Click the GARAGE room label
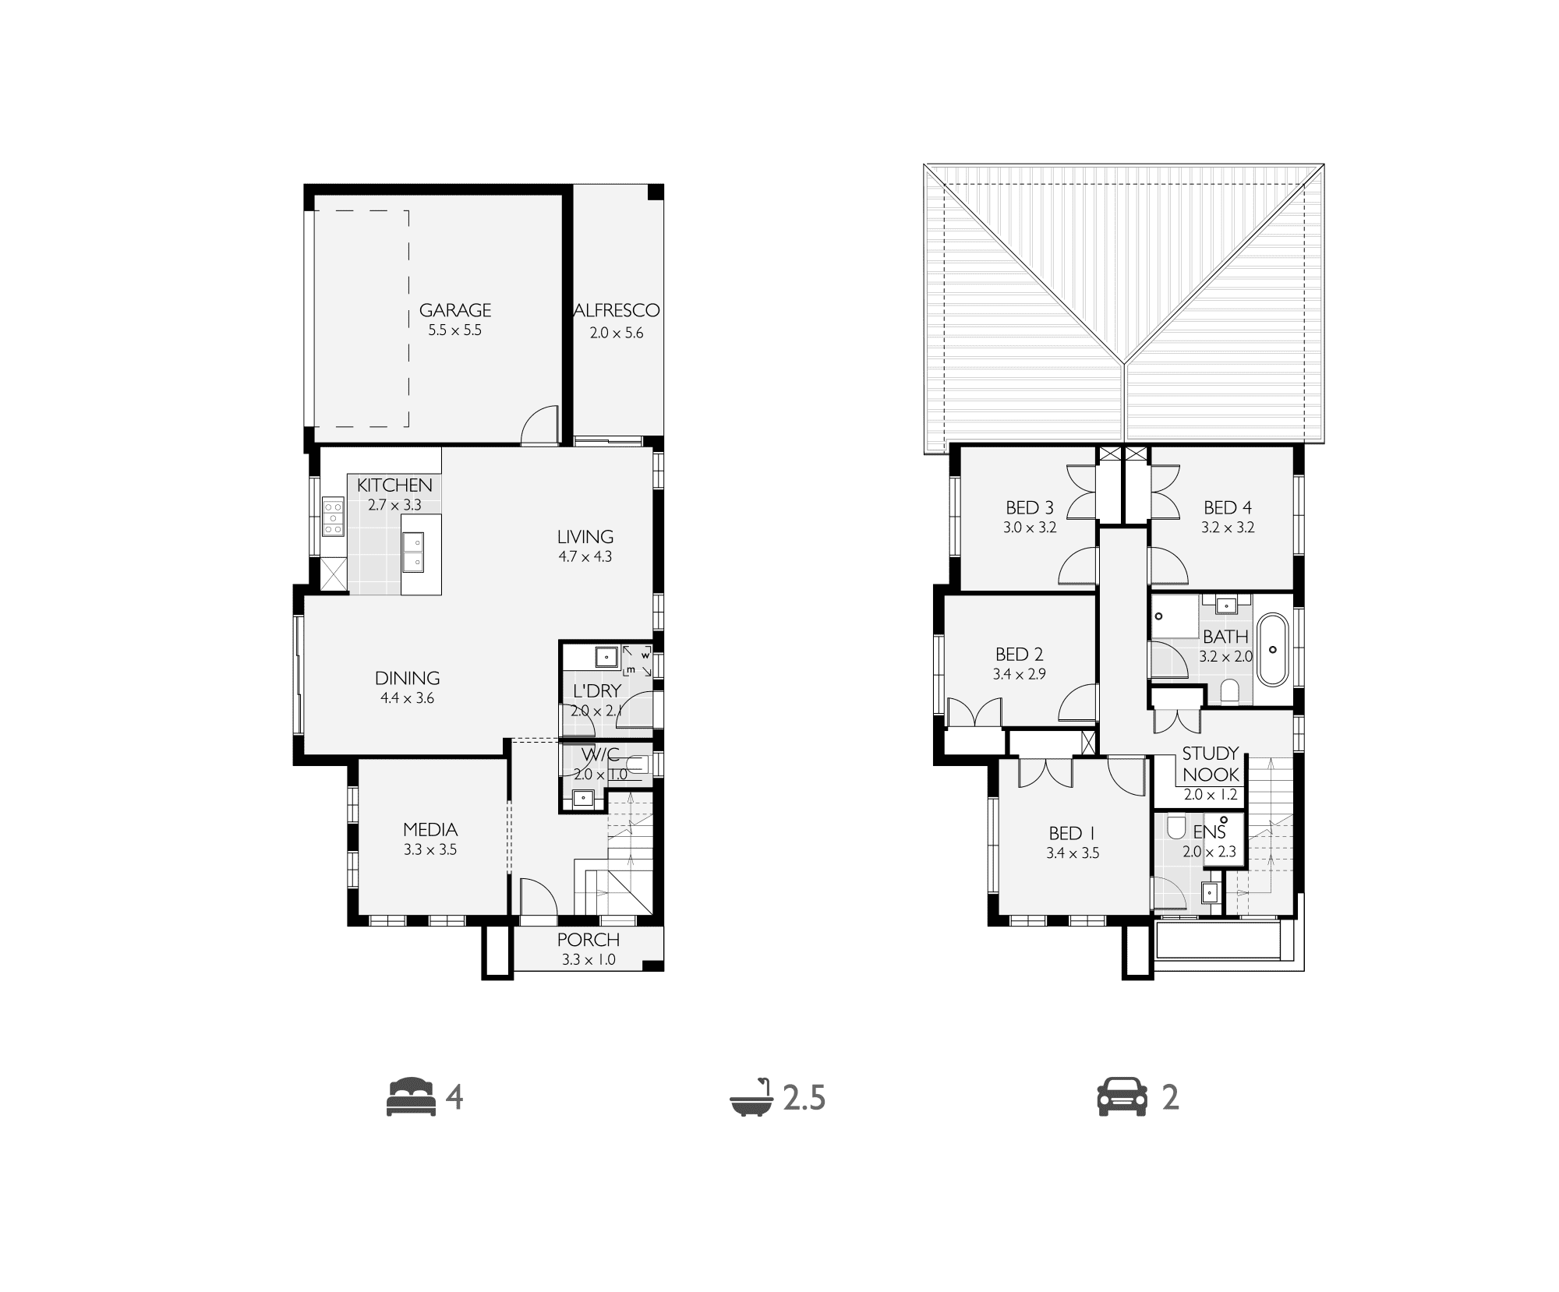click(x=455, y=310)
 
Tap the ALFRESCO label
click(x=617, y=310)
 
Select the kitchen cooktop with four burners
click(x=334, y=517)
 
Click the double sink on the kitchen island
click(x=413, y=551)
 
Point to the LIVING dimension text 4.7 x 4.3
click(x=585, y=557)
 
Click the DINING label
click(x=407, y=678)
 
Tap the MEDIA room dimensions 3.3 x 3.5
click(x=430, y=849)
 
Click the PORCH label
click(x=589, y=940)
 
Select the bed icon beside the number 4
click(x=410, y=1097)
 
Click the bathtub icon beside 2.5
click(x=751, y=1099)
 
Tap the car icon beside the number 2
click(x=1122, y=1098)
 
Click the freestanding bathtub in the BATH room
click(x=1273, y=649)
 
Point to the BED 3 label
click(x=1030, y=508)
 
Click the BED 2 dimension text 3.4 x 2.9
click(x=1019, y=674)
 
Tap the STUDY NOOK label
click(x=1211, y=764)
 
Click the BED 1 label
click(x=1073, y=834)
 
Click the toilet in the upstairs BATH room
click(x=1229, y=690)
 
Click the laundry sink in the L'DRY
click(x=606, y=658)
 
